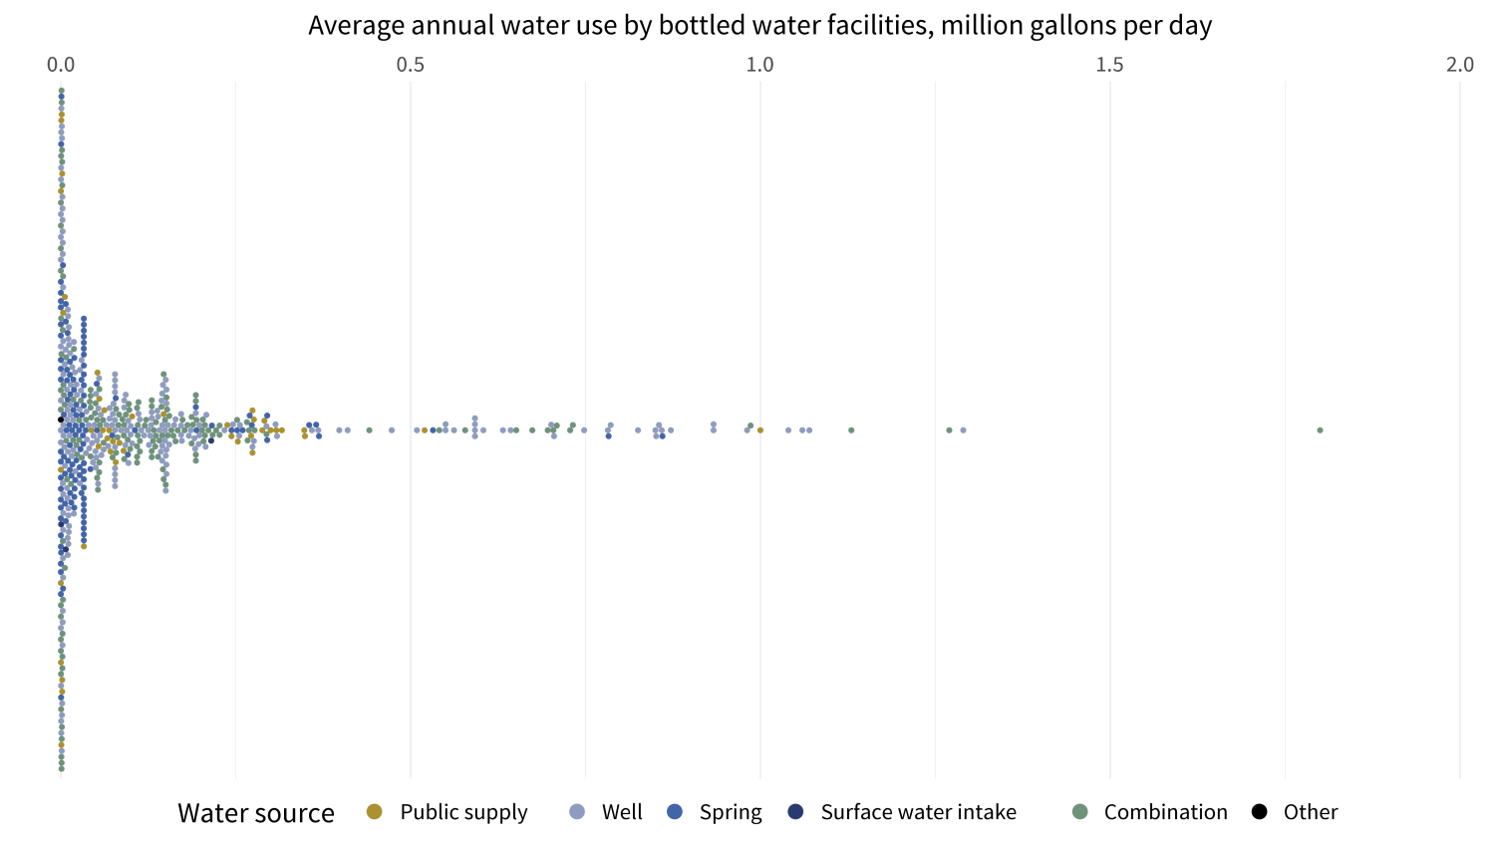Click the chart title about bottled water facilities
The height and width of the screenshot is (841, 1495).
pos(759,25)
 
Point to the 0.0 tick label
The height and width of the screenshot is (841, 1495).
pos(61,65)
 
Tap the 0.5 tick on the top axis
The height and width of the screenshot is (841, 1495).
pos(410,65)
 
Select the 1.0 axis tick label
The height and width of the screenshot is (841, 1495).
pos(759,65)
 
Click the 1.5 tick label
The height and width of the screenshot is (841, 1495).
pos(1109,65)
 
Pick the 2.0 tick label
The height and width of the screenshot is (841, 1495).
pos(1459,65)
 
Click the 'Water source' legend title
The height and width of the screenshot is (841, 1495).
pos(256,813)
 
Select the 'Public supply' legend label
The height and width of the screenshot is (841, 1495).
pos(463,812)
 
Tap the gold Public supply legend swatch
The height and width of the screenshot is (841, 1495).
pos(375,812)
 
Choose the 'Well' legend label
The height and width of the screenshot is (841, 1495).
pos(622,812)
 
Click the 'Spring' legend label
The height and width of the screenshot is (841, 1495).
pos(731,812)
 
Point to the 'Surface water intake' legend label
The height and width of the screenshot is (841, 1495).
pos(918,812)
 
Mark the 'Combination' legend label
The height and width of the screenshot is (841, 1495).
pos(1165,812)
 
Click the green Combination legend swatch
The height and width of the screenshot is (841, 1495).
pos(1078,812)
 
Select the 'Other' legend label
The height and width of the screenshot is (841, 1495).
pos(1310,812)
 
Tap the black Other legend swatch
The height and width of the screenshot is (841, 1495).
pos(1260,812)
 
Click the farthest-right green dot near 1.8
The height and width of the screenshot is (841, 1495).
pos(1320,430)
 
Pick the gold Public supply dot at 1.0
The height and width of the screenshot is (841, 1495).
pos(760,430)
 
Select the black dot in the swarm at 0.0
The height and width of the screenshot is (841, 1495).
pos(61,420)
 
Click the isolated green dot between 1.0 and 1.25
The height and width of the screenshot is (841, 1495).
pos(851,430)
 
